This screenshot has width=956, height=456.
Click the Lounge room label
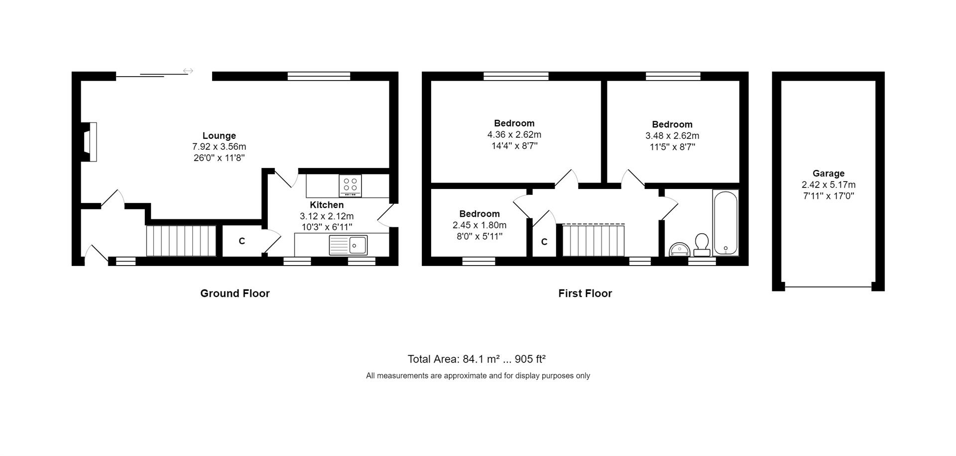tap(219, 136)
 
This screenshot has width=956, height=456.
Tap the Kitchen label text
tap(327, 205)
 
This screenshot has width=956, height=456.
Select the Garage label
tap(829, 174)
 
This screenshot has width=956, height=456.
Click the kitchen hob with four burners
tap(350, 185)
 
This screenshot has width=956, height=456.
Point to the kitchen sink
tap(348, 245)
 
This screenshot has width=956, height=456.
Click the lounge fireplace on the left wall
tap(90, 142)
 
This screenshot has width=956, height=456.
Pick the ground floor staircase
tap(181, 241)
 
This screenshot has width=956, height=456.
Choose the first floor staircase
tap(594, 240)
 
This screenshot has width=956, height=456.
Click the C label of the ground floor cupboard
tap(242, 241)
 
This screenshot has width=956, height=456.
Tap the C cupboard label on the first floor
tap(544, 242)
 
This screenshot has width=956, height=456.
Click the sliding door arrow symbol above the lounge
tap(188, 71)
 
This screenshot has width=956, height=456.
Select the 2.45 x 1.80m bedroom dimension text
tap(479, 225)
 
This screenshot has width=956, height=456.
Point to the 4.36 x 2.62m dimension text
tap(514, 135)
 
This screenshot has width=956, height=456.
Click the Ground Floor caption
tap(235, 293)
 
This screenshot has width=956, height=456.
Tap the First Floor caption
tap(585, 293)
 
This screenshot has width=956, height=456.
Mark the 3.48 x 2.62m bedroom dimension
tap(672, 136)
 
